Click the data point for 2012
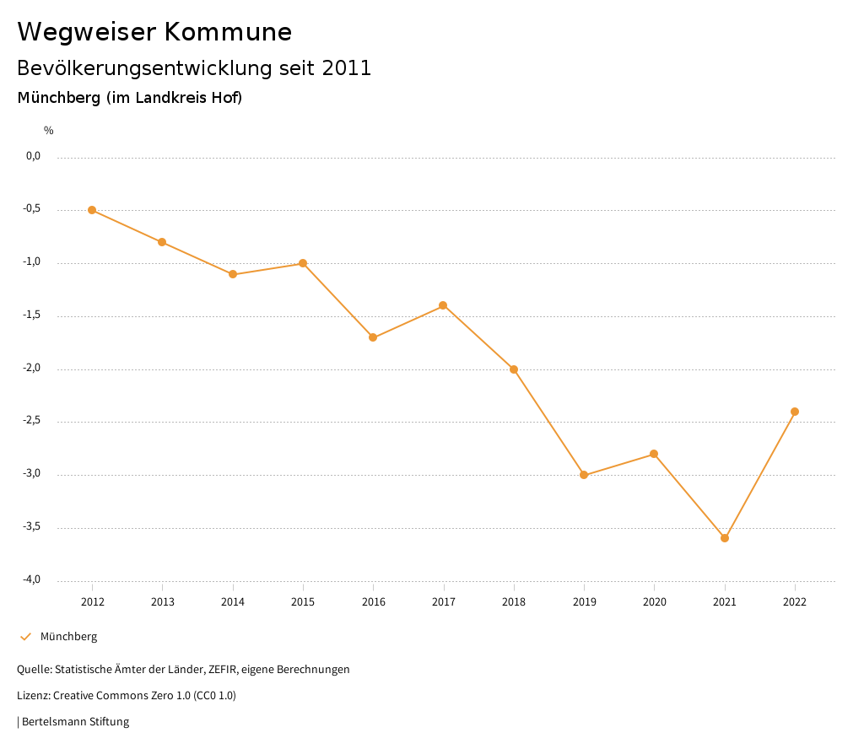(92, 210)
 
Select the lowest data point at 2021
(725, 538)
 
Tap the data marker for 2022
(795, 412)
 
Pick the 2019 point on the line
(584, 475)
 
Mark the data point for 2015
(303, 263)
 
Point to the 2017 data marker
(443, 305)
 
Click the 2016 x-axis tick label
(373, 601)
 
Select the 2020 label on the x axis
(654, 601)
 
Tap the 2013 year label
(162, 601)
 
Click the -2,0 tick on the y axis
(32, 369)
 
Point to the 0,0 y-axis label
(34, 156)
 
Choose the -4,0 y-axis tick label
(32, 580)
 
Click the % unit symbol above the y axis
(49, 130)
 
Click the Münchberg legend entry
(68, 637)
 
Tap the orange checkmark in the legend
(25, 637)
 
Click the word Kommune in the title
(228, 32)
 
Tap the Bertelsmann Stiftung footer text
(75, 722)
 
